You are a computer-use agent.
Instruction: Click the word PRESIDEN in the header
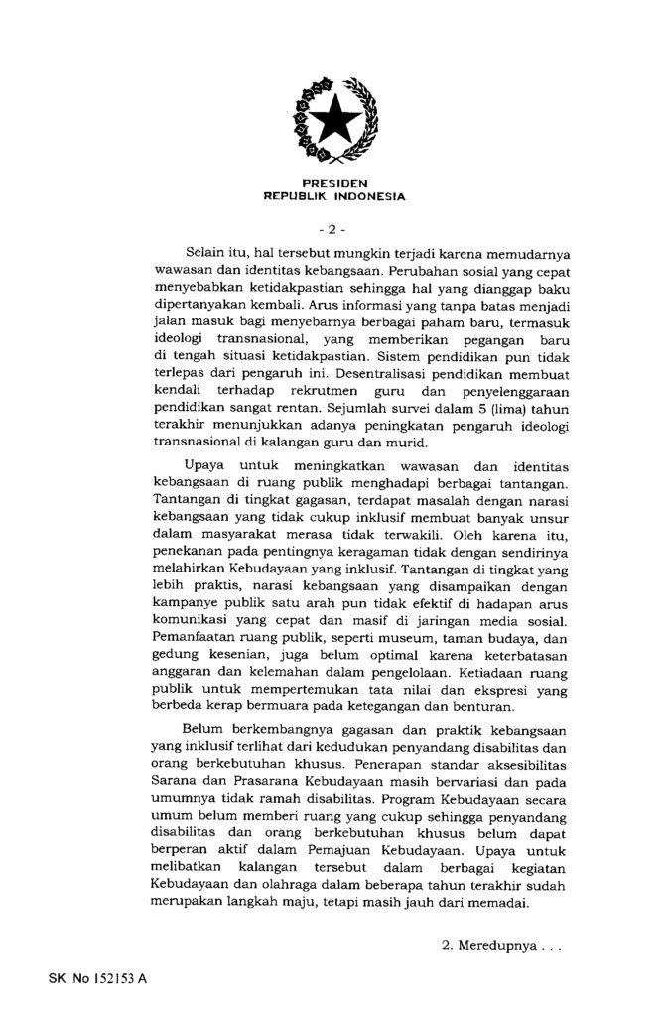[x=332, y=183]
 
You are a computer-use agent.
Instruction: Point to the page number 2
[x=332, y=230]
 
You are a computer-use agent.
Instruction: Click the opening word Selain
[x=205, y=255]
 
